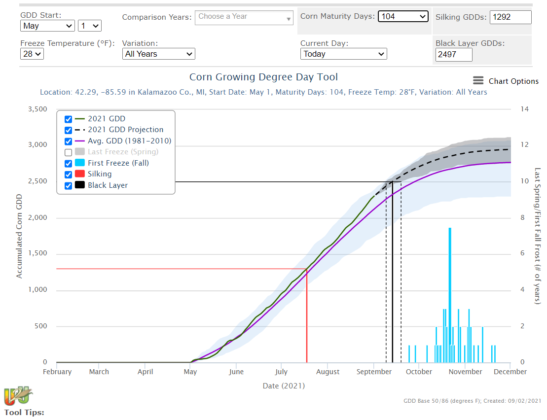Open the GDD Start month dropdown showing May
pyautogui.click(x=47, y=26)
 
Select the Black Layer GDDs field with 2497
pyautogui.click(x=454, y=54)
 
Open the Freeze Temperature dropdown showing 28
pyautogui.click(x=32, y=54)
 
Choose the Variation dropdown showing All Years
pyautogui.click(x=158, y=54)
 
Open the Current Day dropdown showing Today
pyautogui.click(x=343, y=54)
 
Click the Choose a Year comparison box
pyautogui.click(x=244, y=17)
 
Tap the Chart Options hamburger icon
pyautogui.click(x=478, y=81)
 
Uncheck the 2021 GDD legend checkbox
pyautogui.click(x=69, y=119)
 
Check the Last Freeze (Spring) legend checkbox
pyautogui.click(x=69, y=152)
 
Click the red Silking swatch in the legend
pyautogui.click(x=80, y=174)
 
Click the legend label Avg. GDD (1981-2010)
pyautogui.click(x=129, y=141)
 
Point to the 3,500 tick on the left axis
pyautogui.click(x=37, y=109)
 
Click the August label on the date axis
pyautogui.click(x=328, y=372)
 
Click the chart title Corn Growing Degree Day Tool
pyautogui.click(x=263, y=77)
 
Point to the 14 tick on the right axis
pyautogui.click(x=524, y=109)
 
